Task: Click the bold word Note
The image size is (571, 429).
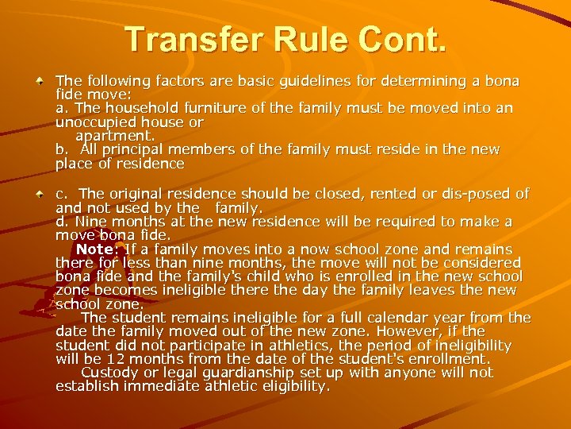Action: click(96, 249)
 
